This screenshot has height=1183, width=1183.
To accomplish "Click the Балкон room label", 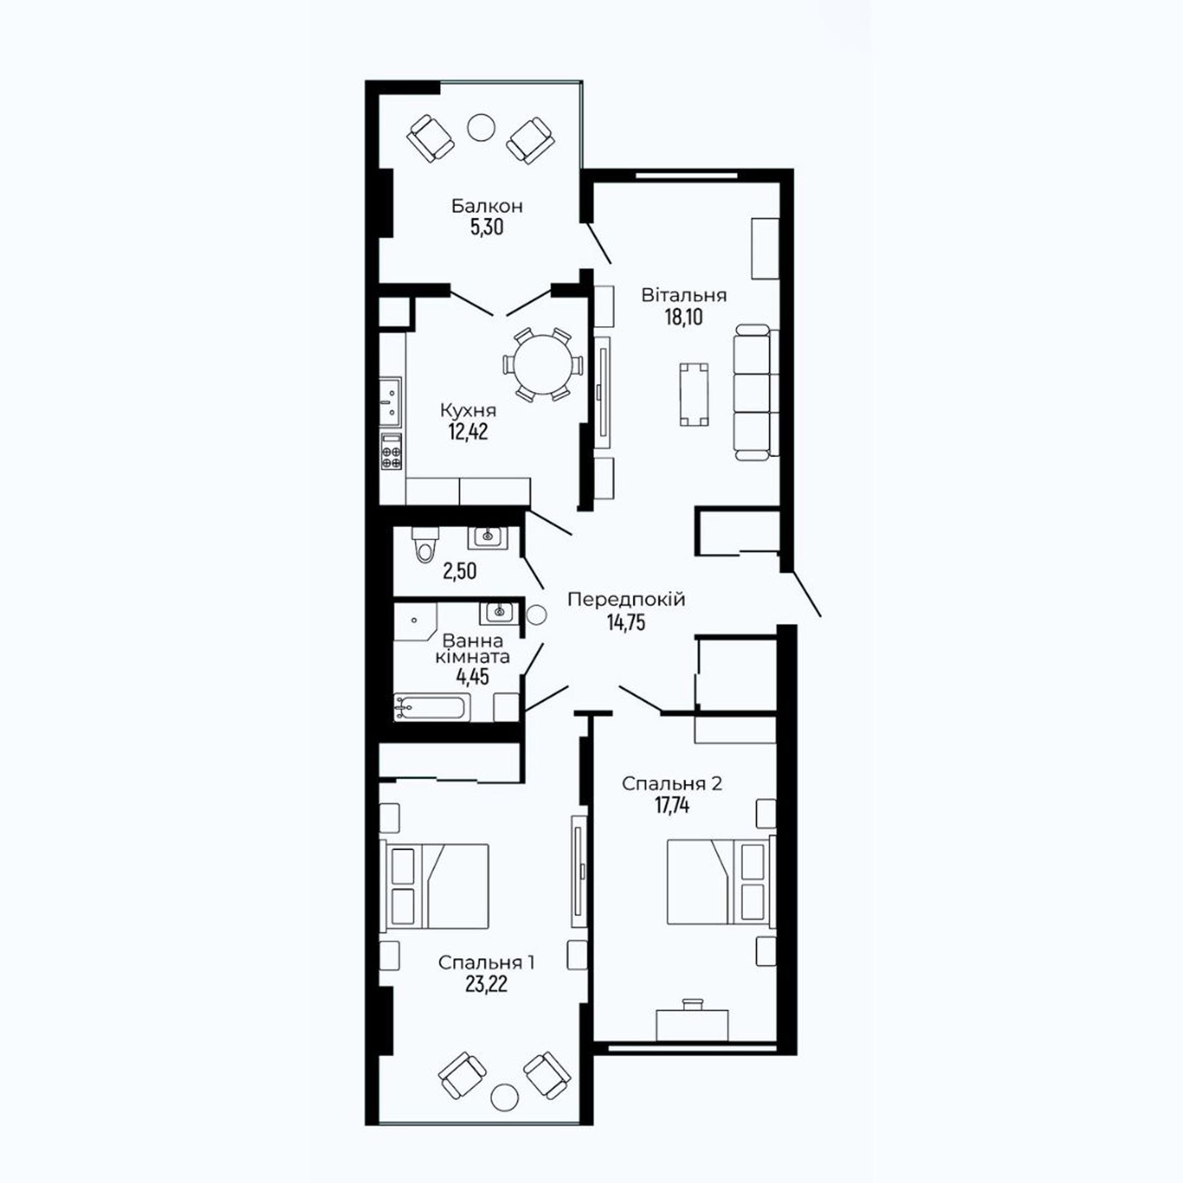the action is pyautogui.click(x=487, y=206).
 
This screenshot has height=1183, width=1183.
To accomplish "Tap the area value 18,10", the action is pyautogui.click(x=684, y=317).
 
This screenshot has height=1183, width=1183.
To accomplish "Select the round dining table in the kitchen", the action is pyautogui.click(x=542, y=365).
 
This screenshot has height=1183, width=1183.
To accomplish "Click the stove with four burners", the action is pyautogui.click(x=391, y=451).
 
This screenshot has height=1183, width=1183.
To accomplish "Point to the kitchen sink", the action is pyautogui.click(x=391, y=401).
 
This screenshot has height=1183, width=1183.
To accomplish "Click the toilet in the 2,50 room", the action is pyautogui.click(x=423, y=543).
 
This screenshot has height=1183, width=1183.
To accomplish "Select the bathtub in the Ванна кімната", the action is pyautogui.click(x=432, y=707).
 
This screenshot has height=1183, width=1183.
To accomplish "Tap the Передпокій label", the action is pyautogui.click(x=626, y=600).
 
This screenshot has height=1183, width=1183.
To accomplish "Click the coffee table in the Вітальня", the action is pyautogui.click(x=694, y=394).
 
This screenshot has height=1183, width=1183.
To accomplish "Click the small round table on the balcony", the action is pyautogui.click(x=481, y=127).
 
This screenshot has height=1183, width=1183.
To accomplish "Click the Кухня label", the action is pyautogui.click(x=468, y=410).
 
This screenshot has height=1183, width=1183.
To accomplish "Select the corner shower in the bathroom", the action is pyautogui.click(x=415, y=621).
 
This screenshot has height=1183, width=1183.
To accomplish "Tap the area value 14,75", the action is pyautogui.click(x=626, y=622).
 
